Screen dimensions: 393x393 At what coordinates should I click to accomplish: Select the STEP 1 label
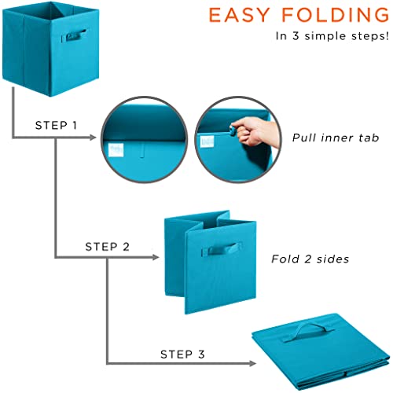click(58, 125)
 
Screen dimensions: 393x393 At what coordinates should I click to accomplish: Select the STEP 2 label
click(107, 246)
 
